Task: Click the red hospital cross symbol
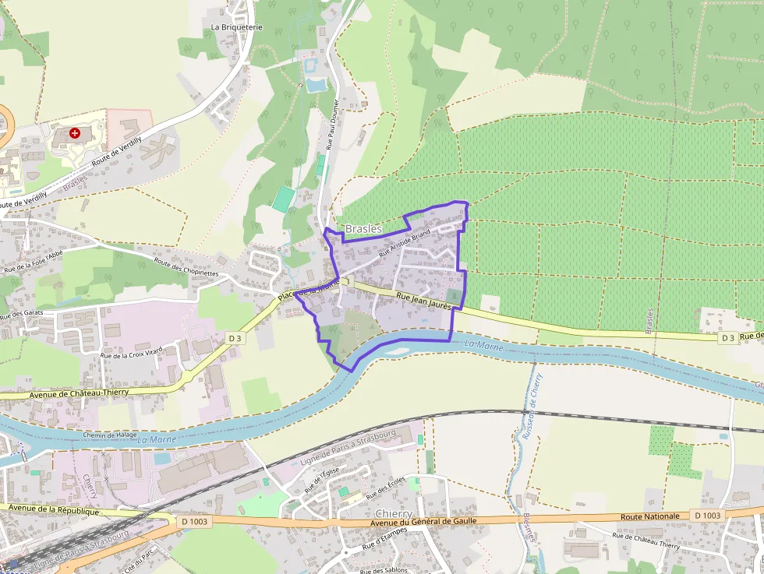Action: click(75, 134)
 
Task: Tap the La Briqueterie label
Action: click(237, 26)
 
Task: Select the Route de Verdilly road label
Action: click(117, 153)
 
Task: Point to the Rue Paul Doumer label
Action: click(333, 123)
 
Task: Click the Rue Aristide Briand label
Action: click(405, 243)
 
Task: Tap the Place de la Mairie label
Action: click(309, 290)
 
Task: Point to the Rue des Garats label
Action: click(22, 313)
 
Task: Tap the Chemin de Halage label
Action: click(104, 435)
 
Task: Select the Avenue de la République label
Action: click(50, 511)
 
